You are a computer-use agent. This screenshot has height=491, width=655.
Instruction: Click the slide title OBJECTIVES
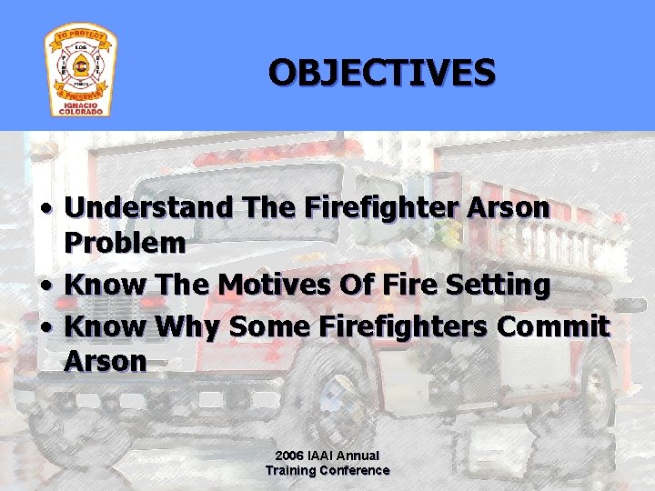382,72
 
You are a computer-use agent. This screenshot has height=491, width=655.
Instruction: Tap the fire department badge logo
80,71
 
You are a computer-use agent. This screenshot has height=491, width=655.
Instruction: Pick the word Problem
126,244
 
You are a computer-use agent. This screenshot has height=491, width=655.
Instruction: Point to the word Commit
558,325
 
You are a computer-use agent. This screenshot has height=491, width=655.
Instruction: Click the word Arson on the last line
106,362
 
